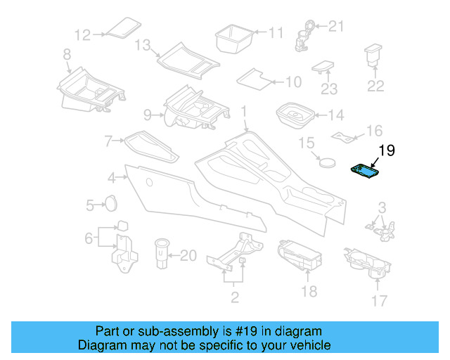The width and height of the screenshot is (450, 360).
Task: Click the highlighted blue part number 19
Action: coord(366,171)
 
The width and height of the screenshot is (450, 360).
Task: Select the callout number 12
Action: coord(84,34)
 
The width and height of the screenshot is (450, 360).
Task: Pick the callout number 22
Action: coord(376,86)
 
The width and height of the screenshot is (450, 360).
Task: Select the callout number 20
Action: coord(188,256)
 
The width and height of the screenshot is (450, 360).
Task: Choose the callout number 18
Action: coord(309,291)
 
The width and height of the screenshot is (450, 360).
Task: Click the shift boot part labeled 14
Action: coord(295,114)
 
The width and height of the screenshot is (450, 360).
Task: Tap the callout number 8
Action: coord(67,53)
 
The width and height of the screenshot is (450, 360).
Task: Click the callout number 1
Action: coord(244,111)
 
